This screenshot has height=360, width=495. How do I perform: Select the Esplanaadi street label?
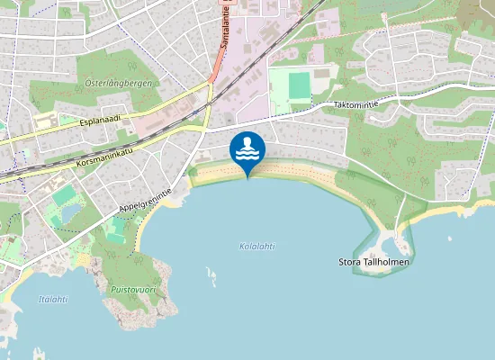(x=100, y=118)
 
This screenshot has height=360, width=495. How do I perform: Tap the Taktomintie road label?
(x=355, y=104)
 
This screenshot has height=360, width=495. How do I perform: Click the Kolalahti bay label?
(x=257, y=246)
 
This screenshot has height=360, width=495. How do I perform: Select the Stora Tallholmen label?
(x=373, y=262)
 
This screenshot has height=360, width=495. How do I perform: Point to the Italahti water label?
(x=53, y=299)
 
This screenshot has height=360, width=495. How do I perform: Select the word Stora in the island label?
(x=349, y=262)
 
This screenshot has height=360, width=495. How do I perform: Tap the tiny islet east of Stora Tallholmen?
(x=449, y=239)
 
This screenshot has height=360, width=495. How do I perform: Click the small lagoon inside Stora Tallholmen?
(x=385, y=243)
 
